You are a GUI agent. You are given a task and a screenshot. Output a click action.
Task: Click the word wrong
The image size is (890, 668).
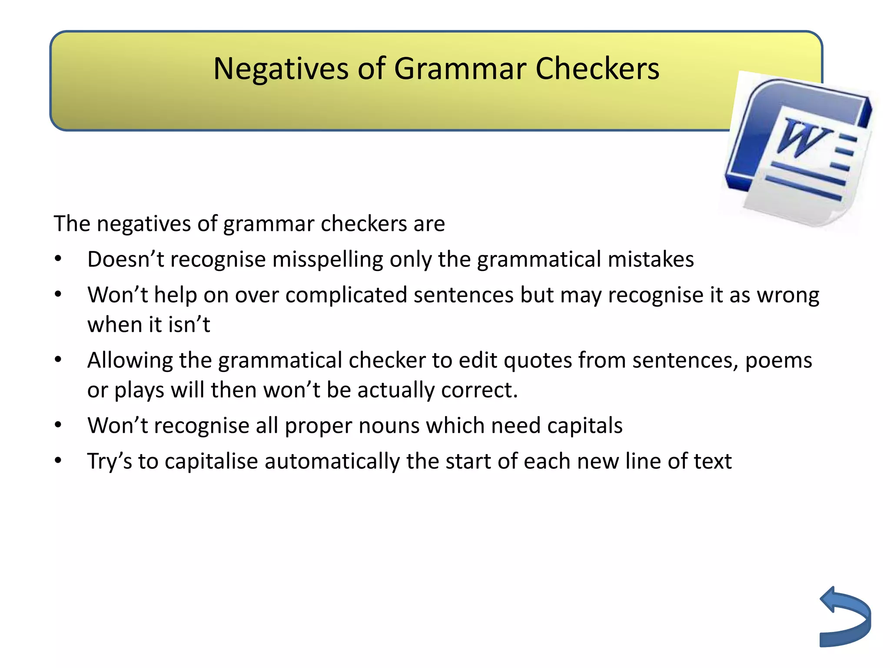(x=788, y=295)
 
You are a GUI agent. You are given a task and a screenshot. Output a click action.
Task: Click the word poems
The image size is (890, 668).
(x=778, y=361)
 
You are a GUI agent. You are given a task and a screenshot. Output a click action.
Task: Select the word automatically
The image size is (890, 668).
(x=332, y=461)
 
